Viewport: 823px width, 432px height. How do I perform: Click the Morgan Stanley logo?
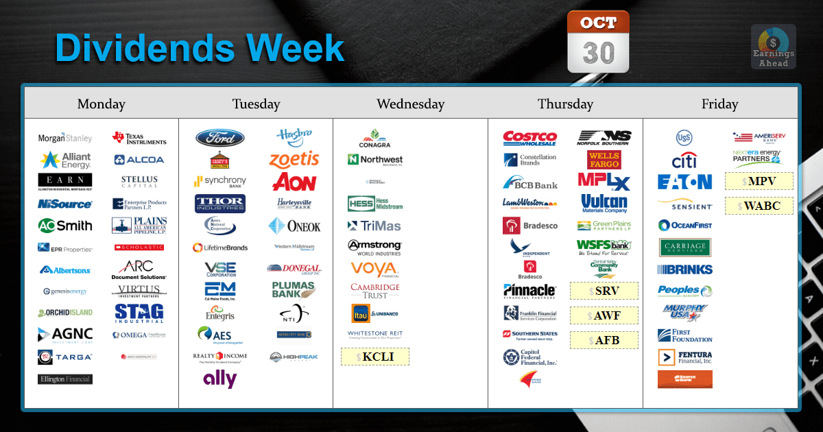[65, 138]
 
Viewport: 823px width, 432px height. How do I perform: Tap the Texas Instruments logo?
[139, 139]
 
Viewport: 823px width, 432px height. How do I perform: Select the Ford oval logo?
[219, 138]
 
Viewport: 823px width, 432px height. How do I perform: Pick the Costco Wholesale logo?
[529, 138]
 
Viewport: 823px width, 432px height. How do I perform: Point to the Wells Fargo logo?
[604, 160]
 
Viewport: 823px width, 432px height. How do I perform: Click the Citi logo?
[684, 161]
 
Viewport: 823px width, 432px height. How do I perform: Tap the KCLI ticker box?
[375, 357]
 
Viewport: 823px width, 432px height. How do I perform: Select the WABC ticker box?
[759, 205]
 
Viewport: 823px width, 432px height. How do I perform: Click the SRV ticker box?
[604, 291]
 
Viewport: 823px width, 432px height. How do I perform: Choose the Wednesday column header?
[410, 104]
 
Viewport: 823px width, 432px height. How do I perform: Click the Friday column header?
[719, 104]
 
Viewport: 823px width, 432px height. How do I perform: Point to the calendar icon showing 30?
[598, 43]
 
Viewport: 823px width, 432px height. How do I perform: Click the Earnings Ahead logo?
[774, 47]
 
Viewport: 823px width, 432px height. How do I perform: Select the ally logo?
[219, 379]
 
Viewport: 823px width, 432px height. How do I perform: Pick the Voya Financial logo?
[374, 268]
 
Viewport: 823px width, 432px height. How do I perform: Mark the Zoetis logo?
[294, 160]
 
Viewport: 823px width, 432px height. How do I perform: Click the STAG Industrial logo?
[139, 313]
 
